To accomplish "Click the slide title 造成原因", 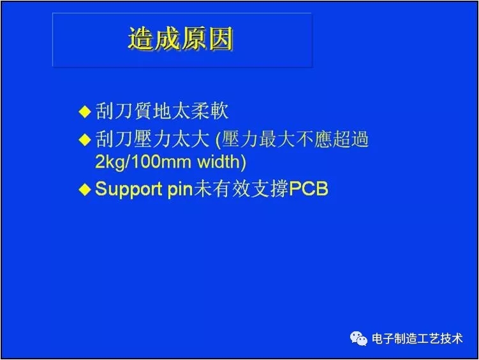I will (181, 40).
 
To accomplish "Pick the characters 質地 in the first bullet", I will (152, 112).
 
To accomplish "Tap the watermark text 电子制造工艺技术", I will (417, 339).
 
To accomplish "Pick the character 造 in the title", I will (142, 40).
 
